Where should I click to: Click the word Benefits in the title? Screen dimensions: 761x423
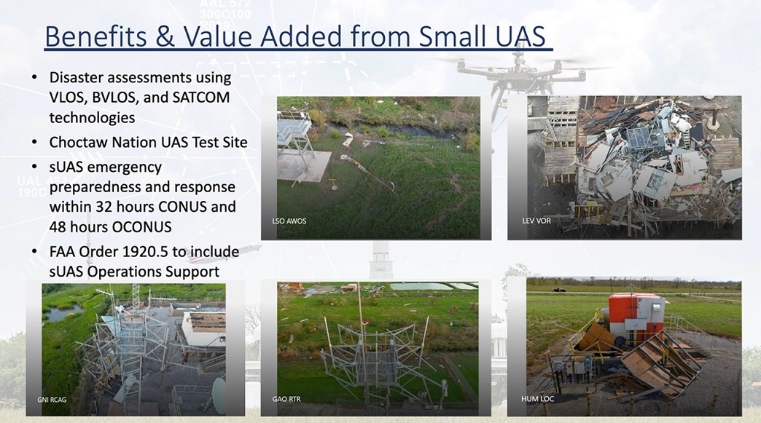tap(95, 36)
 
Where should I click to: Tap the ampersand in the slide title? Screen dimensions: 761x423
tap(165, 36)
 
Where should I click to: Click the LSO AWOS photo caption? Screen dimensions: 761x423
tap(289, 221)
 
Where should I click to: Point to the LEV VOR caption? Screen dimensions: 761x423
tap(536, 221)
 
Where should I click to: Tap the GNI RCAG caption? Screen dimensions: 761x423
tap(52, 400)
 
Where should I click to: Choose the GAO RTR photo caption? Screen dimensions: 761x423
tap(286, 399)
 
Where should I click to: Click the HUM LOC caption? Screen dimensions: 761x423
tap(537, 399)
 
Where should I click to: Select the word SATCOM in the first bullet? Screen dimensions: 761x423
tap(201, 98)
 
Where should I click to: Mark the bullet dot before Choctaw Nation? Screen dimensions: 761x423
tap(34, 143)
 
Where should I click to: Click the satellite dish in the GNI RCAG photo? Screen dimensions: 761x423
tap(219, 395)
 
